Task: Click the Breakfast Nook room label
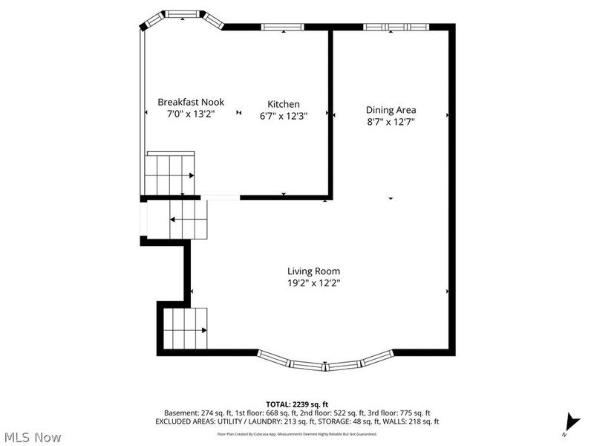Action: pyautogui.click(x=190, y=102)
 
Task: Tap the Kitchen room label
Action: pyautogui.click(x=284, y=104)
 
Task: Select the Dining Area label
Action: pyautogui.click(x=391, y=109)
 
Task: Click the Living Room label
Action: pyautogui.click(x=313, y=271)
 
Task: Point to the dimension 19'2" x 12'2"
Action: pyautogui.click(x=313, y=283)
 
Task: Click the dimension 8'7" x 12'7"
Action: pyautogui.click(x=391, y=121)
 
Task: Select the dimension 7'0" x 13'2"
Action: pyautogui.click(x=190, y=114)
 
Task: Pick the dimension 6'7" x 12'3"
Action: pyautogui.click(x=284, y=116)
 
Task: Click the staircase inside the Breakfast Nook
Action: pyautogui.click(x=169, y=175)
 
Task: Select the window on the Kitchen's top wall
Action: pyautogui.click(x=283, y=28)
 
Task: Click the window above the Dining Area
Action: pyautogui.click(x=396, y=28)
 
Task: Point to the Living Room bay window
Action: pyautogui.click(x=325, y=363)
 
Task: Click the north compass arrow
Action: pyautogui.click(x=569, y=421)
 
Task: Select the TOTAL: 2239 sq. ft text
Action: pyautogui.click(x=296, y=404)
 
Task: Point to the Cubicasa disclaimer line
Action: pyautogui.click(x=296, y=433)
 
